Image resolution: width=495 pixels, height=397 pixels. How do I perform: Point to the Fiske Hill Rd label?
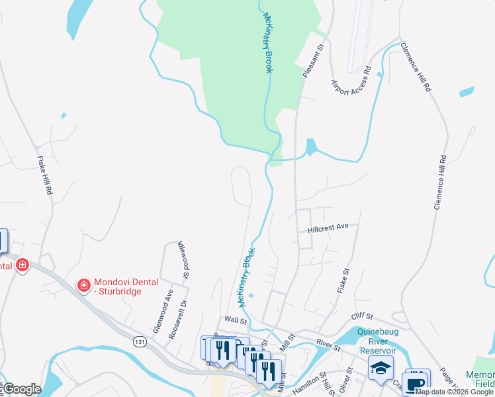tap(44, 175)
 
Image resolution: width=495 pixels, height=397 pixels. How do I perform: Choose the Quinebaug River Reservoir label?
tap(377, 341)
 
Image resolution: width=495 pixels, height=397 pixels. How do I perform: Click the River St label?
tap(328, 343)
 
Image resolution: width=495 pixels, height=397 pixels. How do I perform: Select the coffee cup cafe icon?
tap(415, 384)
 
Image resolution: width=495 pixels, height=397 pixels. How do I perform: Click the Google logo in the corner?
tap(22, 389)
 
